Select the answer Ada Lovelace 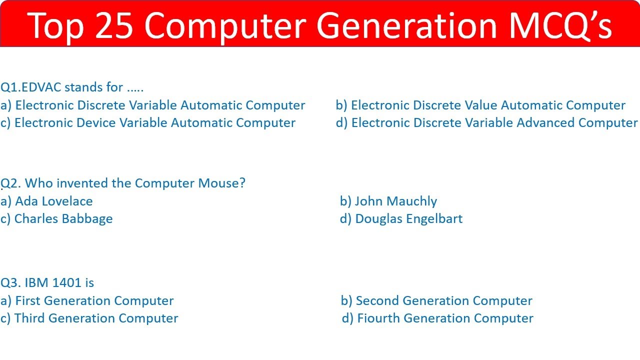(54, 201)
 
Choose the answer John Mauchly (395, 201)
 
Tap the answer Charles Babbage (63, 219)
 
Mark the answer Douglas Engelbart (408, 219)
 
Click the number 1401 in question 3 (66, 283)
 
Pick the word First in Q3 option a (28, 301)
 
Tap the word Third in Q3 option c (30, 318)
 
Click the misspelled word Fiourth (378, 318)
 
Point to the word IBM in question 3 (36, 283)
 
